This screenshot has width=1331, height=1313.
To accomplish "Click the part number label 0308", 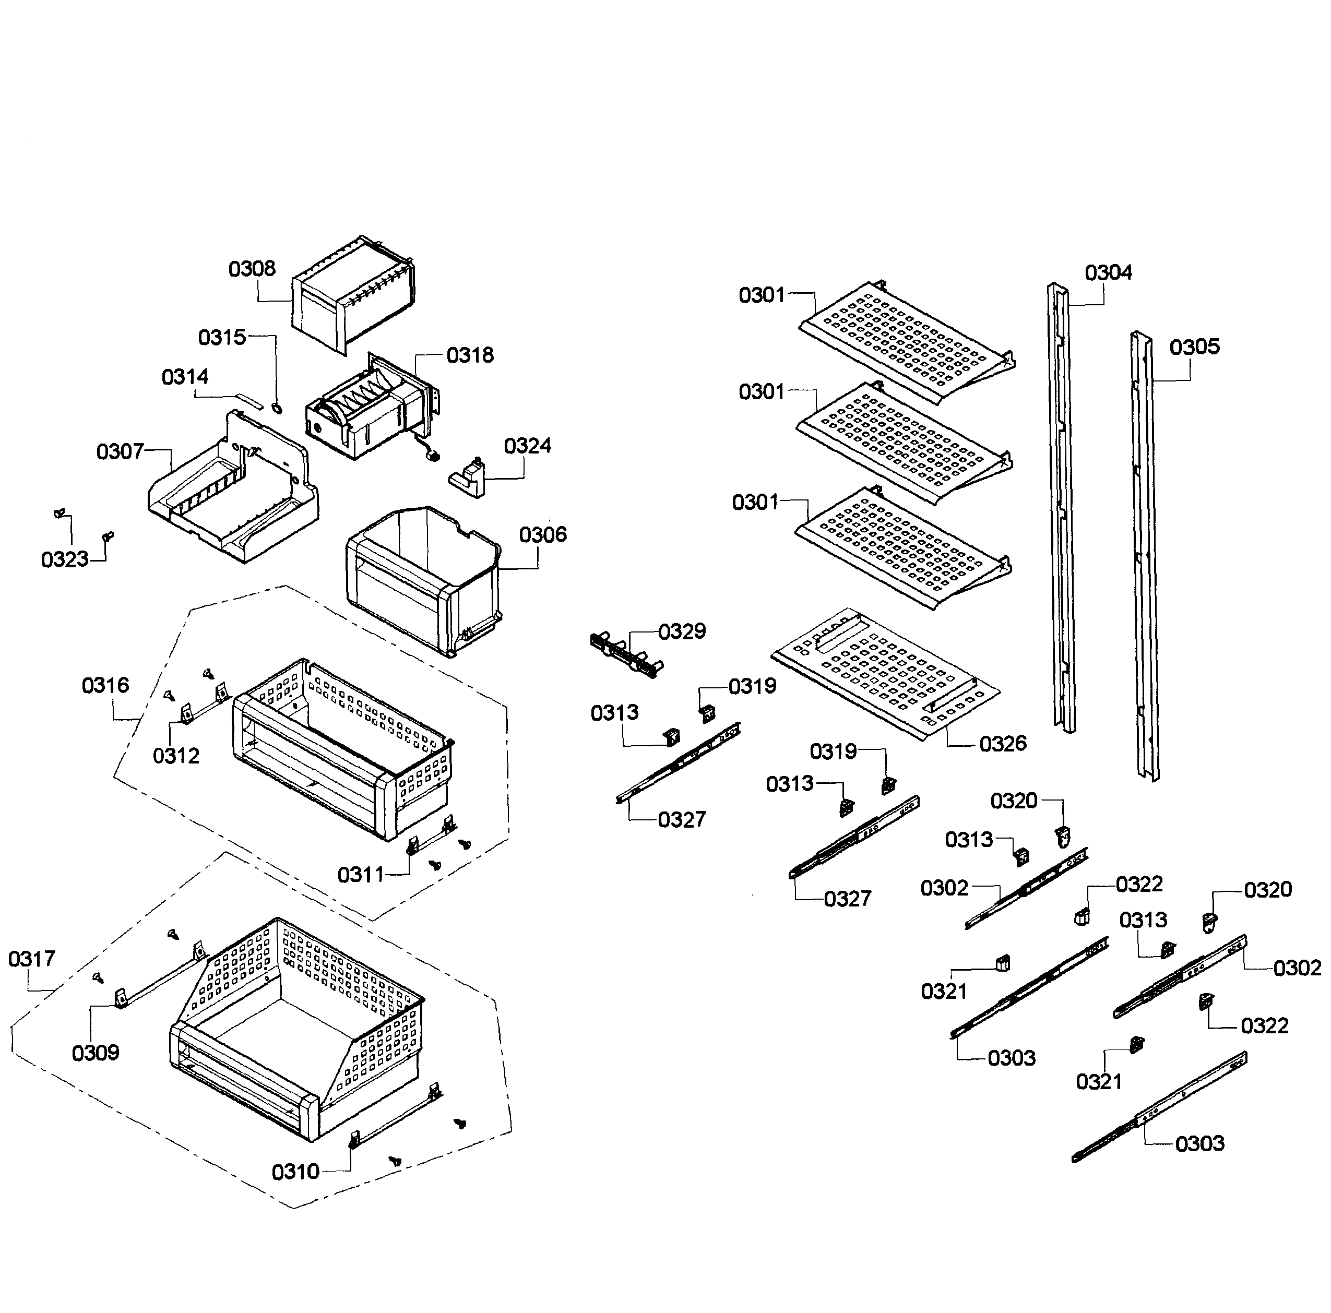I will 252,269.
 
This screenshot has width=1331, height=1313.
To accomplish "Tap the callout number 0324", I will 528,446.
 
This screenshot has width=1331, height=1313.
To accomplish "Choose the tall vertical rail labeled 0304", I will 1061,510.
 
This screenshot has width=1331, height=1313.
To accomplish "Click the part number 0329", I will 682,631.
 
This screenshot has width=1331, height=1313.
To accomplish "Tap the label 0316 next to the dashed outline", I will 105,685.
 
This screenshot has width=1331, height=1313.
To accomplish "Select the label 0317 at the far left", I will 32,959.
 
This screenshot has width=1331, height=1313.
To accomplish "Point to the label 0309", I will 96,1053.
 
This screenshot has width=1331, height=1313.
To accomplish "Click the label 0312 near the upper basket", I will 176,756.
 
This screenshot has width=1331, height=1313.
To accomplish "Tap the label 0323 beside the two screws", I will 65,560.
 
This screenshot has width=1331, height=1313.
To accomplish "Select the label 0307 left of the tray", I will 120,452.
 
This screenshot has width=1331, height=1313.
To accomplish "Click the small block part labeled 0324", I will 469,478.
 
